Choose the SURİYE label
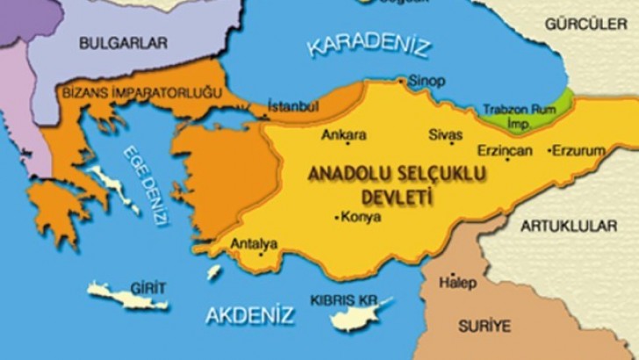[484, 326]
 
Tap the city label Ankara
[343, 135]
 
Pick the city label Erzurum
[579, 151]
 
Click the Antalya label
[254, 243]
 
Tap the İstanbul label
[291, 105]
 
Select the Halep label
[459, 283]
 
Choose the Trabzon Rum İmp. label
[519, 115]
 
